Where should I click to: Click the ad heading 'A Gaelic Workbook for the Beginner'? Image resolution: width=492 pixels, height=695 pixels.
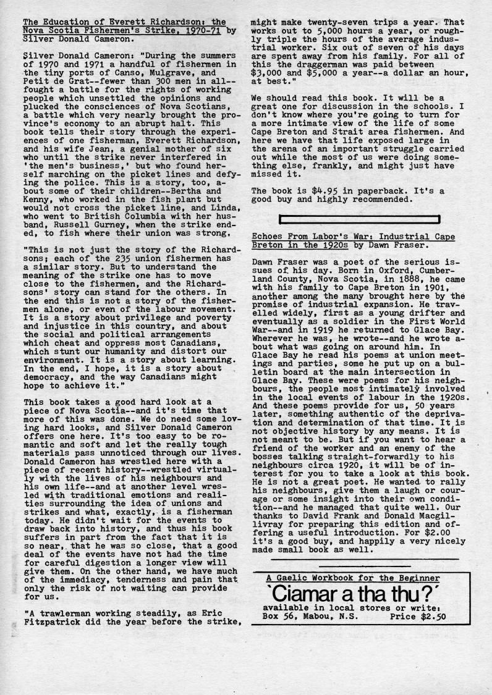[354, 578]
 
